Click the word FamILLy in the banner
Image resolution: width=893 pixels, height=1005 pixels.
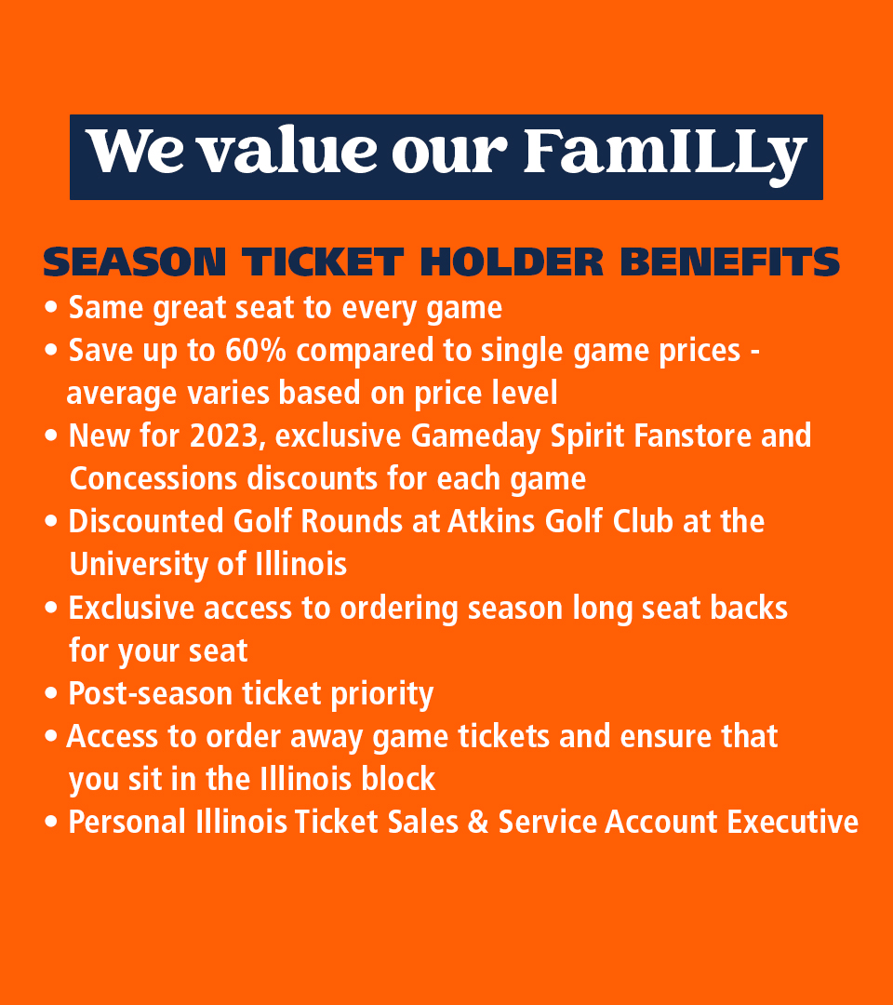tap(664, 152)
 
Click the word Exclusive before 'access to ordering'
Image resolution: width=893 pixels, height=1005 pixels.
tap(132, 608)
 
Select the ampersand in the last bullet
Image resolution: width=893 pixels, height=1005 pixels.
tap(479, 823)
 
